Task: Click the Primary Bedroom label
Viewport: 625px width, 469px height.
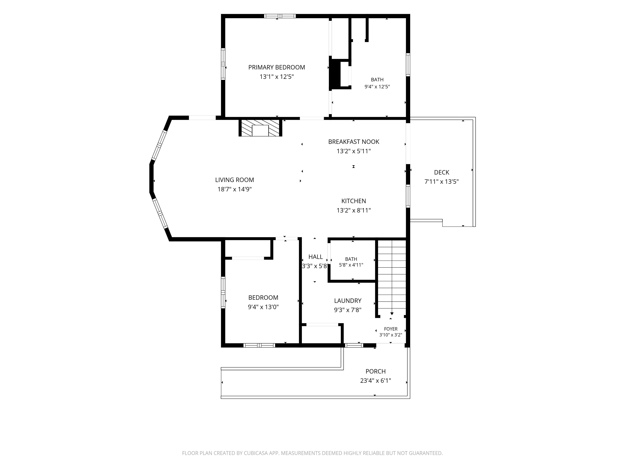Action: click(277, 67)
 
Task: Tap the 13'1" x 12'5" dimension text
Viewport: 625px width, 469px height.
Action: click(277, 77)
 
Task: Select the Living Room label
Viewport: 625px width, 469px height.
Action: click(235, 180)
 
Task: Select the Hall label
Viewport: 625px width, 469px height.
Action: click(316, 257)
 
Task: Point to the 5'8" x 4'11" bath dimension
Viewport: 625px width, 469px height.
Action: click(351, 265)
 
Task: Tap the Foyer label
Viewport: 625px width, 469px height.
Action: click(391, 329)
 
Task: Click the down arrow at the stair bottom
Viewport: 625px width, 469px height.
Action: click(392, 313)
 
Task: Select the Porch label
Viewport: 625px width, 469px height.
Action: click(376, 371)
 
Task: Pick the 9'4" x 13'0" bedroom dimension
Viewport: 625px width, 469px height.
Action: click(263, 307)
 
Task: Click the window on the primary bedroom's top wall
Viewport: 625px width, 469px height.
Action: click(280, 16)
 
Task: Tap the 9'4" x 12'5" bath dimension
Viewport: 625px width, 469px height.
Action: click(377, 87)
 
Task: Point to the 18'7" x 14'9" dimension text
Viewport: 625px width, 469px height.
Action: click(235, 189)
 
